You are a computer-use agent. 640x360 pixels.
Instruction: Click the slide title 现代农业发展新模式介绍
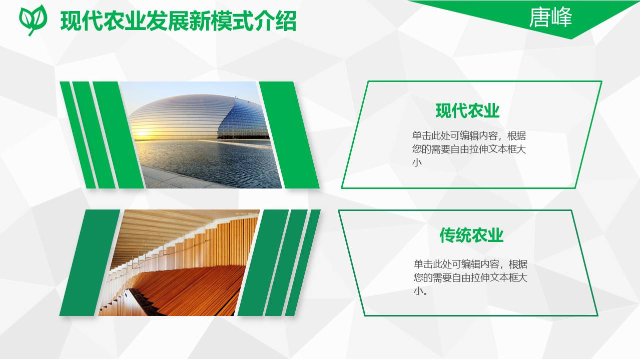tap(178, 21)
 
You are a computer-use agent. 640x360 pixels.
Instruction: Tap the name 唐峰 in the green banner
tap(550, 17)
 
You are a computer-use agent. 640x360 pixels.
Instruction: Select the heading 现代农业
tap(467, 110)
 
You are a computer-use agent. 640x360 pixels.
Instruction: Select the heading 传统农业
tap(471, 235)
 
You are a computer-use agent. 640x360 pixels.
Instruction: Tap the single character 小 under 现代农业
tap(417, 162)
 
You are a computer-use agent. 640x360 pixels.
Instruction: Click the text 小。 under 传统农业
tap(421, 291)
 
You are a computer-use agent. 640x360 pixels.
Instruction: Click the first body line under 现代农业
tap(469, 136)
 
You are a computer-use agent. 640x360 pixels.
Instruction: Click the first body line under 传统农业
tap(470, 264)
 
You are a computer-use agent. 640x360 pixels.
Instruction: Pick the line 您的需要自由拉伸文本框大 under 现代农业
tap(469, 149)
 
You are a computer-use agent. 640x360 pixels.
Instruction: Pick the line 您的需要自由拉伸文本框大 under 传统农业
tap(470, 278)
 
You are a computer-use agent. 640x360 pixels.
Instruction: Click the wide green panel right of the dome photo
tap(289, 135)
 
